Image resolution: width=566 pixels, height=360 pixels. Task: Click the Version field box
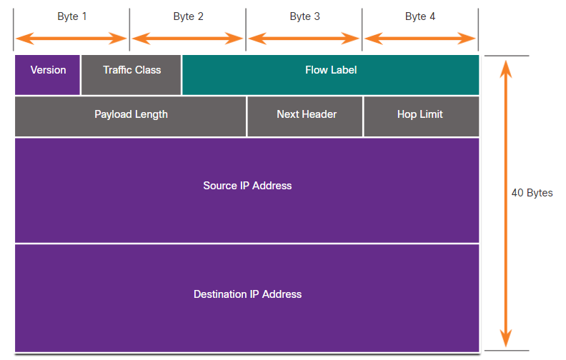[47, 75]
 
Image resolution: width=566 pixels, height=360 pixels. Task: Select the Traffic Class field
[131, 75]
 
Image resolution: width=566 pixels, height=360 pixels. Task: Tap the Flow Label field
[331, 75]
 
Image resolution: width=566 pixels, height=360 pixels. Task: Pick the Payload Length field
[130, 116]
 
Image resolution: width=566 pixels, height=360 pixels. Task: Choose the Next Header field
[305, 116]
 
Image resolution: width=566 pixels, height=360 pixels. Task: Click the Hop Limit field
[422, 116]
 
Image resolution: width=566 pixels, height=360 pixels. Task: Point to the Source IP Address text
[247, 186]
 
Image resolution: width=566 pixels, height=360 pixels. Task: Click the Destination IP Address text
[247, 294]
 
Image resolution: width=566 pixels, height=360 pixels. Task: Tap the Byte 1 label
[72, 16]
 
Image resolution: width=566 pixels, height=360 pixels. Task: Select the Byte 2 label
[188, 16]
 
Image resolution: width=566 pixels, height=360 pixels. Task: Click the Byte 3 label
[304, 16]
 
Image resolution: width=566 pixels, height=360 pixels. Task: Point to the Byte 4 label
[420, 16]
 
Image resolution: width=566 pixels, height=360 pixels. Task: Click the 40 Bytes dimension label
[532, 193]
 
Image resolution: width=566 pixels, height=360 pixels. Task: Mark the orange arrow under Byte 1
[71, 39]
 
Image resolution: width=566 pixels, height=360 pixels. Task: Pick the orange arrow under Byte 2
[188, 39]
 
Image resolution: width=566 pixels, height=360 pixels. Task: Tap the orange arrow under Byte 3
[304, 39]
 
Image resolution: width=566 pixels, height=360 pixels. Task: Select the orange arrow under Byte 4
[420, 39]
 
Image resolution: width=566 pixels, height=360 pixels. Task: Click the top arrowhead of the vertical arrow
[506, 69]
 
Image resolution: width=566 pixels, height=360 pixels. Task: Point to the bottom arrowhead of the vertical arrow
[506, 339]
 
